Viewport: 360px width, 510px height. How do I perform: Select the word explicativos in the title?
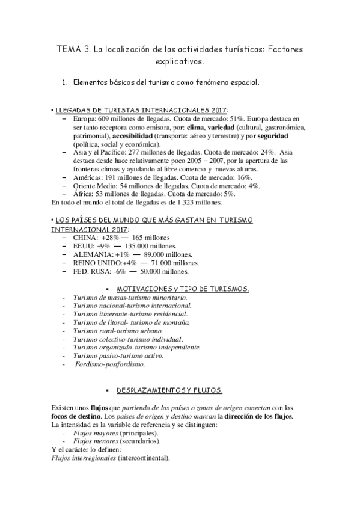[180, 61]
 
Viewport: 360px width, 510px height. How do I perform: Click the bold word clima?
[196, 128]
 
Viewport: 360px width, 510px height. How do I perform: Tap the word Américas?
[88, 179]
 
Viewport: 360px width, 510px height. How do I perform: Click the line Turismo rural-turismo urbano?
[118, 331]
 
